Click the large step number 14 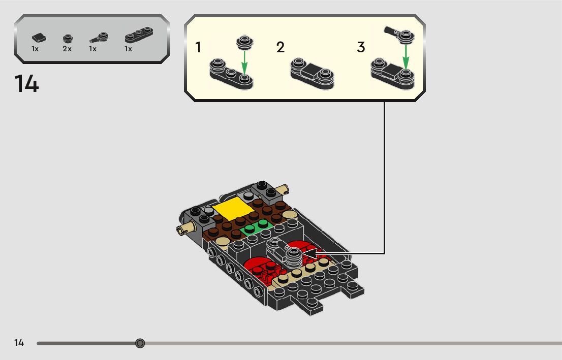click(26, 84)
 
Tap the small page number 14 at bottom click(19, 343)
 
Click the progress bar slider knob click(140, 343)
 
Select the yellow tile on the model click(234, 209)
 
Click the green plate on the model click(257, 227)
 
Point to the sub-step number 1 click(198, 48)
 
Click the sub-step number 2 click(280, 48)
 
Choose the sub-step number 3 click(361, 48)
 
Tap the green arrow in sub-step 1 click(244, 63)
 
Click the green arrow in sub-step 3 click(405, 56)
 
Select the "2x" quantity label click(67, 49)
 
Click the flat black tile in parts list click(38, 38)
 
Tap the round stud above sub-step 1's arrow click(244, 42)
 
